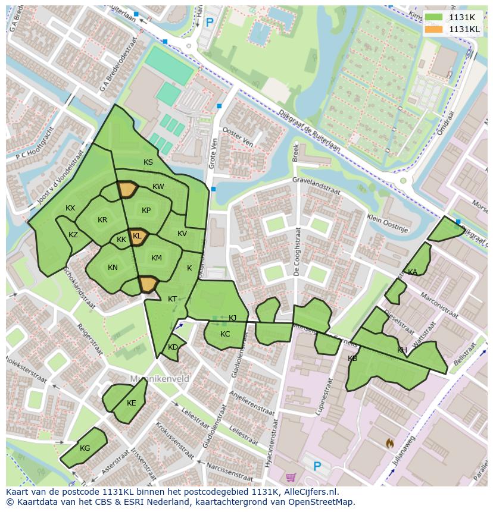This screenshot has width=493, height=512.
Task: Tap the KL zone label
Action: coord(138,236)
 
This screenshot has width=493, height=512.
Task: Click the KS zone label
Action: coord(148,162)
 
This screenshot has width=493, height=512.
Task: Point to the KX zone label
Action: coord(70,208)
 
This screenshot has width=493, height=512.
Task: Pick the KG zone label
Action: coord(85,448)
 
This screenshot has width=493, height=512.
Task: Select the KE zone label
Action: coord(132,403)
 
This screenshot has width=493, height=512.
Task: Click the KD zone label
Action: coord(173,347)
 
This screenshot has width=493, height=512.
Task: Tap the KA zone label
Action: coord(413,272)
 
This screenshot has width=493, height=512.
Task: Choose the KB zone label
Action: coord(352,359)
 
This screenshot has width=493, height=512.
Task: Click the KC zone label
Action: coord(225,334)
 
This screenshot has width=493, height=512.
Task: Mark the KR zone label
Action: coord(102,220)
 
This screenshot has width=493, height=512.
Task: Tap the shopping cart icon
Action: coord(291,477)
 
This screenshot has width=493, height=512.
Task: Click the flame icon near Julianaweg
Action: coord(389,443)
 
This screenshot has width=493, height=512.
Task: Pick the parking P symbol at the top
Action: coord(210,22)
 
